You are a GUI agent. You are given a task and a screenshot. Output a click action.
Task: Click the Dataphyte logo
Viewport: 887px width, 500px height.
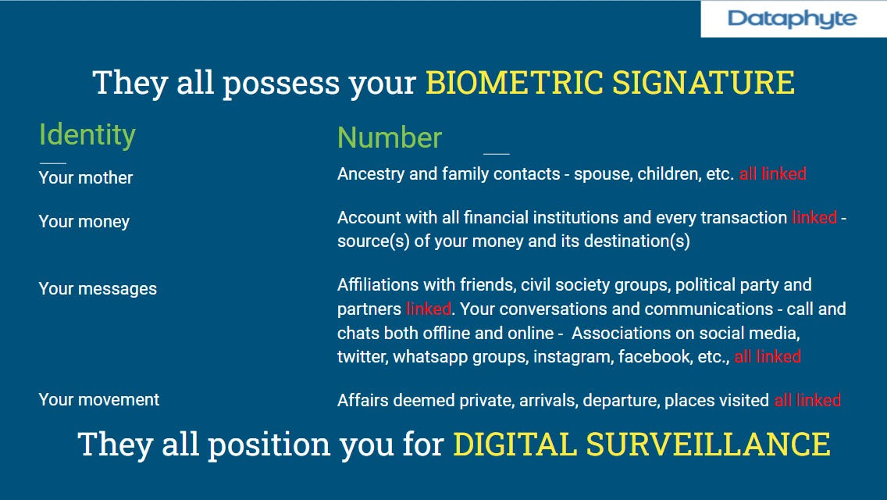click(x=792, y=20)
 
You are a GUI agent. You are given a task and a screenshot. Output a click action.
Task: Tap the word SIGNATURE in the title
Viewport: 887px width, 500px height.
click(x=704, y=83)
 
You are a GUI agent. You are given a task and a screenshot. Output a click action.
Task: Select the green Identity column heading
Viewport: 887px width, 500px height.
click(x=87, y=135)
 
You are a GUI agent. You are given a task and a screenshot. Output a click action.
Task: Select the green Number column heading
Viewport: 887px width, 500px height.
click(x=390, y=137)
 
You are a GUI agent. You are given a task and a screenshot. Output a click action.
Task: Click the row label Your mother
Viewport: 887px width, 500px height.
click(x=85, y=178)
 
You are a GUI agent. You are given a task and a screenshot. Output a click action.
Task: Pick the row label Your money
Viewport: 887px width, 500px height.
click(x=84, y=221)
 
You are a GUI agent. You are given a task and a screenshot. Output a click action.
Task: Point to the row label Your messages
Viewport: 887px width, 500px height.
click(x=98, y=289)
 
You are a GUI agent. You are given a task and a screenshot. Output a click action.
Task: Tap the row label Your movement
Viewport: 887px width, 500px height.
click(x=98, y=400)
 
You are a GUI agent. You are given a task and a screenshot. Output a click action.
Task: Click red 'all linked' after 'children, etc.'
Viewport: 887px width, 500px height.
click(x=773, y=174)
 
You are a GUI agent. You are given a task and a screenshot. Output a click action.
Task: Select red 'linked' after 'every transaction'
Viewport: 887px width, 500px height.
click(x=814, y=217)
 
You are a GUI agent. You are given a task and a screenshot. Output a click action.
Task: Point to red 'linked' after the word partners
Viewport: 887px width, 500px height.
click(x=429, y=309)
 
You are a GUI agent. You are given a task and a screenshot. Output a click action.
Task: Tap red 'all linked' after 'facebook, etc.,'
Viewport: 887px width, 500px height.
click(x=768, y=357)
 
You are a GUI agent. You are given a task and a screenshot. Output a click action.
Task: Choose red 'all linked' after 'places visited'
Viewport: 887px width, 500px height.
click(x=808, y=400)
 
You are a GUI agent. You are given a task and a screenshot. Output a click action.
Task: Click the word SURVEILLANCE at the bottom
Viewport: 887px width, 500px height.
click(x=707, y=444)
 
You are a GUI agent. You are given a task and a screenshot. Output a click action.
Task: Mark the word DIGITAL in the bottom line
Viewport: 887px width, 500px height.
click(x=515, y=444)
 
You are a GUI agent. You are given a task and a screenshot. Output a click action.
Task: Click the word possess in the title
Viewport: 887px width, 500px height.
click(x=281, y=84)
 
